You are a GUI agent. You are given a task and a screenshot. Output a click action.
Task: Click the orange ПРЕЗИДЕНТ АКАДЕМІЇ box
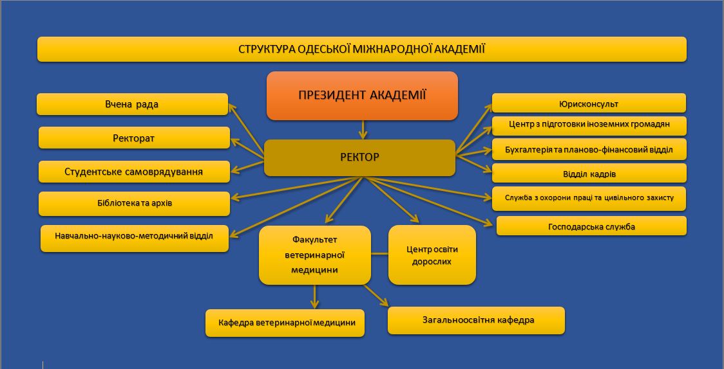tap(363, 96)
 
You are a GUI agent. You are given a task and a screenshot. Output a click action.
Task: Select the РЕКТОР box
tap(359, 157)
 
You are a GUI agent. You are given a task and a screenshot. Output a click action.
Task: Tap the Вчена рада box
tap(133, 104)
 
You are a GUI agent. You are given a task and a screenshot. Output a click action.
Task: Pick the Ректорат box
tap(135, 138)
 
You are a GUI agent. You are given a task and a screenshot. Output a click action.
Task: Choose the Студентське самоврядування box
tap(135, 172)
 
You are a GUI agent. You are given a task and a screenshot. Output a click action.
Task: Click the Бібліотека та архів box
tap(135, 204)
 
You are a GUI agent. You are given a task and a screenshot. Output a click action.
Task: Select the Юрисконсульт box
tap(589, 103)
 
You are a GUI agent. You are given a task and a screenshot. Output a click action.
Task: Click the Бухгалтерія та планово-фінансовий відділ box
tap(589, 149)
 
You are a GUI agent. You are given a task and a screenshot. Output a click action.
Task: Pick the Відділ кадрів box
tap(589, 173)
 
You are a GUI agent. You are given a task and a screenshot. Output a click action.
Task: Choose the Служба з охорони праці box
tap(589, 199)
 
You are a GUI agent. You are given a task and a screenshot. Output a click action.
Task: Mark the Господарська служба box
tap(591, 226)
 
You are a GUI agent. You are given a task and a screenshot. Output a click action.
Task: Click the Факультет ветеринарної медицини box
tap(315, 255)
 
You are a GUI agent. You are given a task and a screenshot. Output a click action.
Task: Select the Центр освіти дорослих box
tap(432, 255)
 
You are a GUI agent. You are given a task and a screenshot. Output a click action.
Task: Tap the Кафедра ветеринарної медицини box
tap(285, 323)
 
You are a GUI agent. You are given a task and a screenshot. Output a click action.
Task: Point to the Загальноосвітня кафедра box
tap(476, 320)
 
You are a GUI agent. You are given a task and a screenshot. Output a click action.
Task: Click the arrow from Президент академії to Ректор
tap(363, 129)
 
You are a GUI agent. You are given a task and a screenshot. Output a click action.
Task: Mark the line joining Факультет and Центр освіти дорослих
tap(379, 254)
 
